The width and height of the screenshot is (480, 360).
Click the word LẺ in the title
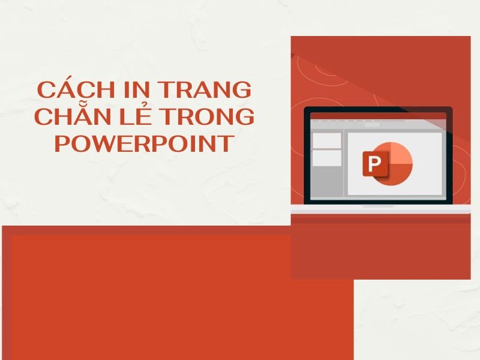point(143,118)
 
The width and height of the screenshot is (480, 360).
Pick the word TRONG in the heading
point(209,118)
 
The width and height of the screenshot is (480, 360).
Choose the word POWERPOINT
point(136,144)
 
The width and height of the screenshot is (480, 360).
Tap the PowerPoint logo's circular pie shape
point(393,161)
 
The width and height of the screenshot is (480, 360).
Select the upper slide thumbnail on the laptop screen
point(327,140)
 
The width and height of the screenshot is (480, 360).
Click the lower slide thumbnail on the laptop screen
point(327,158)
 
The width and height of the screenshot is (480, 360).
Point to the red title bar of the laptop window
point(378,114)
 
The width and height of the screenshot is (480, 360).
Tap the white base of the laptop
point(380,210)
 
